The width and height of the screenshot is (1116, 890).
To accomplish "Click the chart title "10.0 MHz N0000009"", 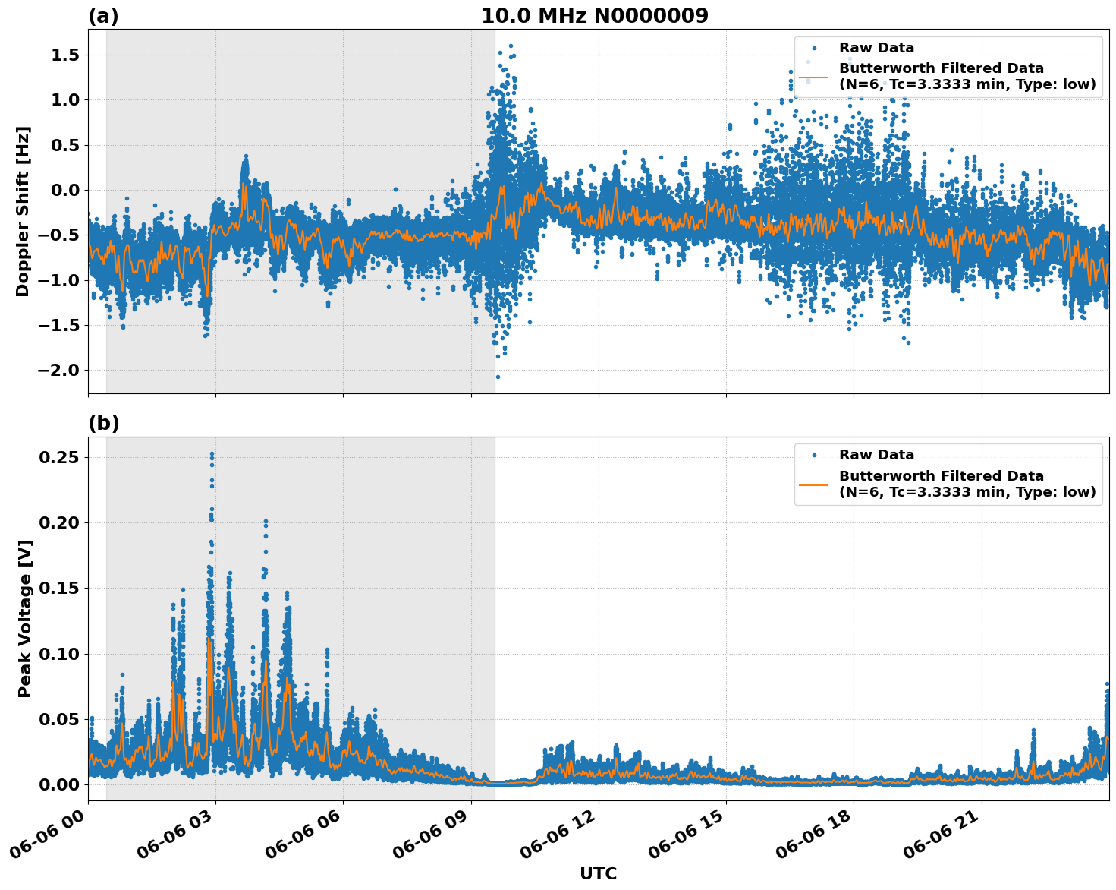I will coord(595,16).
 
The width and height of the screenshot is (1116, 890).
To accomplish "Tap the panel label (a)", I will coord(103,16).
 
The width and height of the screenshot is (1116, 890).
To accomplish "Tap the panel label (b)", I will coord(103,424).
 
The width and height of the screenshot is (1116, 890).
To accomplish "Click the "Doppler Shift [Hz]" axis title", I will coord(23,211).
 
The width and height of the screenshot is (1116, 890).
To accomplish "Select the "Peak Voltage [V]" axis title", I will coord(25,619).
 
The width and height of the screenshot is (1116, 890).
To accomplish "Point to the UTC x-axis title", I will coord(598,874).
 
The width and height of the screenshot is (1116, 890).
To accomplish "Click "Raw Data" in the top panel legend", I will coord(876,49).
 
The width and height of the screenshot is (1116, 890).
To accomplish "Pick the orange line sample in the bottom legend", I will coord(815,484).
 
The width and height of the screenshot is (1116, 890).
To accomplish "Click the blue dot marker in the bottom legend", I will coord(815,456).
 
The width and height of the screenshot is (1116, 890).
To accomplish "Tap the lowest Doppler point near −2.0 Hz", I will coord(498,377).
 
